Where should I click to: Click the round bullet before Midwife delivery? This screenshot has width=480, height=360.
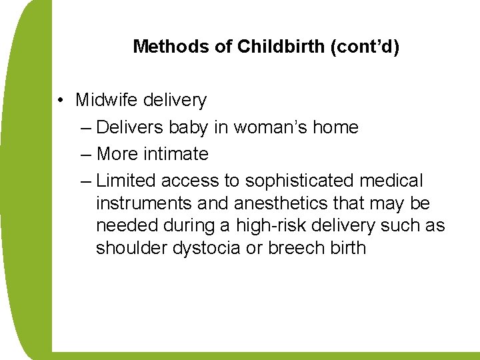(x=60, y=101)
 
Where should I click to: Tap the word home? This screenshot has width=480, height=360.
(x=336, y=127)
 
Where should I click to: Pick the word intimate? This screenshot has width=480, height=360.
(x=178, y=154)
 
